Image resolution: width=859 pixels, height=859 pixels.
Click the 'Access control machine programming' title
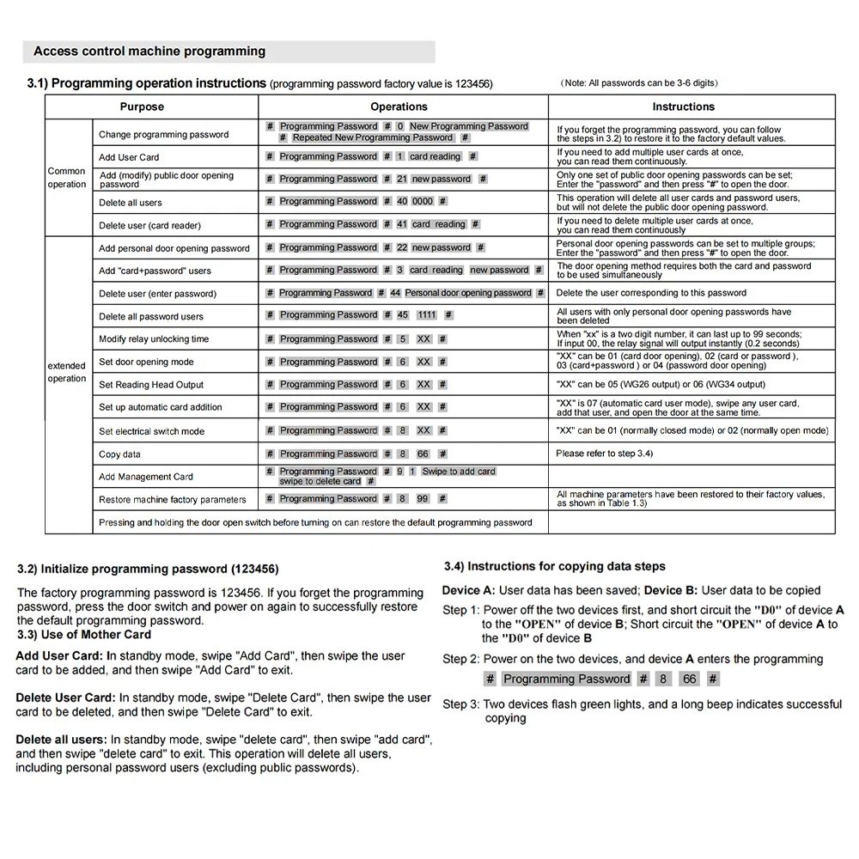(x=149, y=52)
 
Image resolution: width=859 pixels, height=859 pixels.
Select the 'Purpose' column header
(x=142, y=107)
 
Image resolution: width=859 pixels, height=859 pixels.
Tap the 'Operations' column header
(x=399, y=107)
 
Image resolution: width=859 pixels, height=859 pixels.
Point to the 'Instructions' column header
(x=683, y=107)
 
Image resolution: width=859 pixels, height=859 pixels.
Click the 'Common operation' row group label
(x=67, y=178)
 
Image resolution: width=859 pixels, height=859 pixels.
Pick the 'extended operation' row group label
(x=67, y=372)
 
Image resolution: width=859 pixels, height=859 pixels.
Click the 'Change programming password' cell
(x=163, y=134)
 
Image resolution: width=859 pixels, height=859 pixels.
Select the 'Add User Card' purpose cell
(x=129, y=157)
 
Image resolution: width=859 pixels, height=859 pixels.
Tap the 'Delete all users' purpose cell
(x=130, y=203)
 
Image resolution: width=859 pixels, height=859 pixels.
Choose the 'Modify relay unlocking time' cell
(x=154, y=339)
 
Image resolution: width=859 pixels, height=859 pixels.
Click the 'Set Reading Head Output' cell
(x=151, y=385)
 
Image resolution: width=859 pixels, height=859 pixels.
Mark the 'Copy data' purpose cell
(x=119, y=454)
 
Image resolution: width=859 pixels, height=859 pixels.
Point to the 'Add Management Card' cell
(x=146, y=477)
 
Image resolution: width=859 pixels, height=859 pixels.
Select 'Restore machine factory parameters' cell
(x=172, y=500)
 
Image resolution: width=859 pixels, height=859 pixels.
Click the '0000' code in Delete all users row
(x=423, y=201)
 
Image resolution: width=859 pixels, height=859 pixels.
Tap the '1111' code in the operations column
(x=427, y=315)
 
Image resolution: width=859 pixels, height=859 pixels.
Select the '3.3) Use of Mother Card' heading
(x=84, y=635)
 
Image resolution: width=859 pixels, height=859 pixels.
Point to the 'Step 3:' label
(x=461, y=704)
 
